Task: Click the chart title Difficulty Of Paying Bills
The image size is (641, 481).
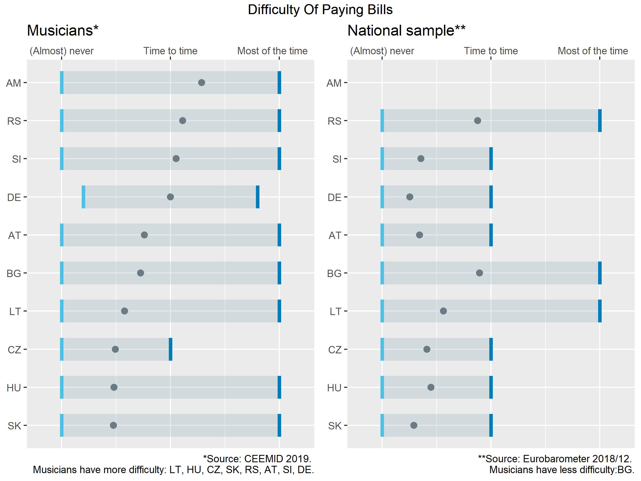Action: pos(320,10)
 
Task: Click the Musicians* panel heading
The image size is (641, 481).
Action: pos(63,30)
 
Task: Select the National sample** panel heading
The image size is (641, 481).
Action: pos(406,30)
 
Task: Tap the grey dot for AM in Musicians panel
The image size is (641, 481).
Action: pos(202,83)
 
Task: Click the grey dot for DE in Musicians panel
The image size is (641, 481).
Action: pos(170,197)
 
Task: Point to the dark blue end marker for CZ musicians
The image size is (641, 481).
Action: pos(171,349)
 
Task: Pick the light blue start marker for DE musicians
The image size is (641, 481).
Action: pos(84,197)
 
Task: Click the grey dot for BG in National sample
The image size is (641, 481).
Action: pos(480,273)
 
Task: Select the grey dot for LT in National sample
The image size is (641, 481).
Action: pos(443,311)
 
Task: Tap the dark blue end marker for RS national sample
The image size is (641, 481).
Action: pos(600,121)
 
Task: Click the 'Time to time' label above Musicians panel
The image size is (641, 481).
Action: pos(170,51)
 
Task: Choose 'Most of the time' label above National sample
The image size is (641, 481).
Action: pos(593,51)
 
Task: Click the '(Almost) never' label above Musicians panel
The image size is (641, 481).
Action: pos(61,51)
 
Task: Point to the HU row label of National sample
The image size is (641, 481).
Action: pos(334,388)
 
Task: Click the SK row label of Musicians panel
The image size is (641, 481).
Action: pos(14,426)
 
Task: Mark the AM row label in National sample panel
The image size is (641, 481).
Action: pos(334,83)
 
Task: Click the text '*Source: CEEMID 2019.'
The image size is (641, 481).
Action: pos(257,459)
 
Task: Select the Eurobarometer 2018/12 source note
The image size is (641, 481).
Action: pos(555,459)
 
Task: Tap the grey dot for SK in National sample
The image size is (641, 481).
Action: pos(414,425)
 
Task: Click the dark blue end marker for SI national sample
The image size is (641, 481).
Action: pos(491,159)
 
